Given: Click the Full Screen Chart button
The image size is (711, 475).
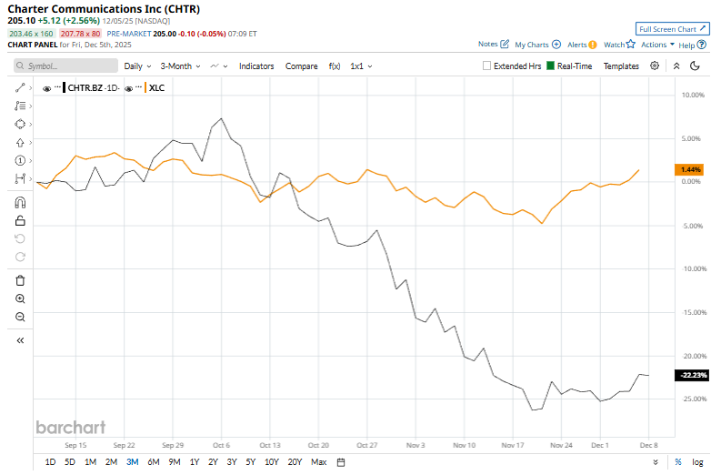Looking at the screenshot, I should [x=671, y=29].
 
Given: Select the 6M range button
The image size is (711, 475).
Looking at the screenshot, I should [x=153, y=462].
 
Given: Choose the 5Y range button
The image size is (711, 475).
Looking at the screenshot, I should [x=250, y=462].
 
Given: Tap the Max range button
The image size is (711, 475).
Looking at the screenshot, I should [x=318, y=462].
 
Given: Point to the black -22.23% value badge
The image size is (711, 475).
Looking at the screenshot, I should [x=690, y=375].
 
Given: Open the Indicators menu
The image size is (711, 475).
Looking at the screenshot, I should [x=256, y=66].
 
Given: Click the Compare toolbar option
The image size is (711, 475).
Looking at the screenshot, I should [x=301, y=66].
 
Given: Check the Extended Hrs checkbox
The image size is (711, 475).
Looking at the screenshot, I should [x=487, y=66].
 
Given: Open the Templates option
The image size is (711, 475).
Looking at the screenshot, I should [x=621, y=66].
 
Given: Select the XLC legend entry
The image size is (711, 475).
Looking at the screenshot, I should [x=155, y=88].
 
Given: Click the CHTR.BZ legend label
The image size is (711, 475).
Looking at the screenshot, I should [x=90, y=88].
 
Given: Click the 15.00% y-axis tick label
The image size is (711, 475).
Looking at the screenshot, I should [x=693, y=312].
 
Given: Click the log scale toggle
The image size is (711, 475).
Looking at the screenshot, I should [x=697, y=462].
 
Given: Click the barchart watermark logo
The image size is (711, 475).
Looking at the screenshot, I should [x=71, y=427].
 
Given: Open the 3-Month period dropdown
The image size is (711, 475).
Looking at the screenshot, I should [x=180, y=66].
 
